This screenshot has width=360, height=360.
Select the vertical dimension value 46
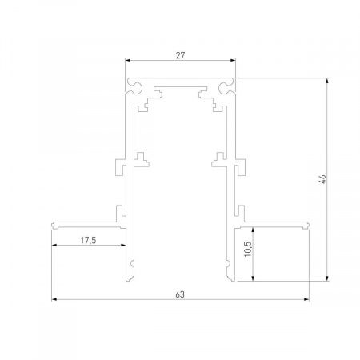[320, 179]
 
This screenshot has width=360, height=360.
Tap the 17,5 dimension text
[89, 239]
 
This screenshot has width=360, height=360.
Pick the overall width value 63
[180, 294]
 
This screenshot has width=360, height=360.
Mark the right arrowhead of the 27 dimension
[235, 61]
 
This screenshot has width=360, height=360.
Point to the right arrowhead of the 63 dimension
[308, 301]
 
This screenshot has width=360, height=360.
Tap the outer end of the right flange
[310, 225]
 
